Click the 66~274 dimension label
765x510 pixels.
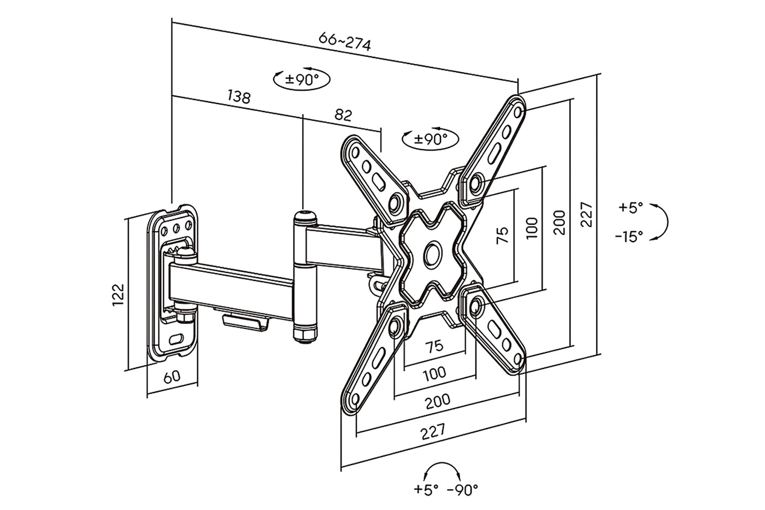345,42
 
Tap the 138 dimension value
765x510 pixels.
239,97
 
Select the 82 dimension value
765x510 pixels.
343,115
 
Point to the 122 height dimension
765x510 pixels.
118,295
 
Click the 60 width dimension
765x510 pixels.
172,377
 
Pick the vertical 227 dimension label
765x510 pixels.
586,214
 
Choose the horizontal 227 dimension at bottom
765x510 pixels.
433,431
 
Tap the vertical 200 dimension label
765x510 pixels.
559,222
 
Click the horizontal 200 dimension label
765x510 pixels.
438,402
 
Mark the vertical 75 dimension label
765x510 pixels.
502,236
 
